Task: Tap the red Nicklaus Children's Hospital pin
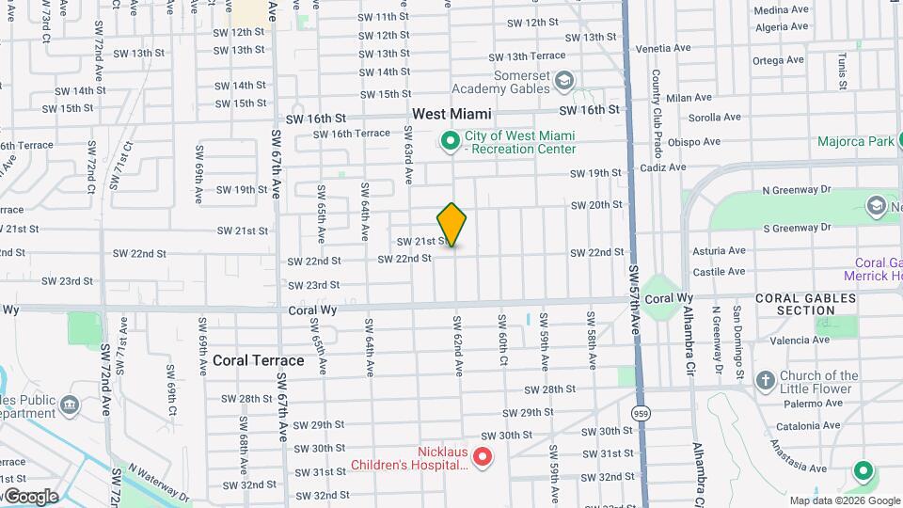click(483, 457)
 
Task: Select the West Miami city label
click(451, 113)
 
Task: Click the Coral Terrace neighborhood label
click(258, 360)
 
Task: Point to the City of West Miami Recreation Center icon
click(450, 142)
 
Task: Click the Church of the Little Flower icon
click(764, 381)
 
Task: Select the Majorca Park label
click(855, 142)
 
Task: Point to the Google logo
click(31, 496)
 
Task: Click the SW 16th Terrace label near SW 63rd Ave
click(351, 134)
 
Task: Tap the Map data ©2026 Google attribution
click(843, 500)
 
